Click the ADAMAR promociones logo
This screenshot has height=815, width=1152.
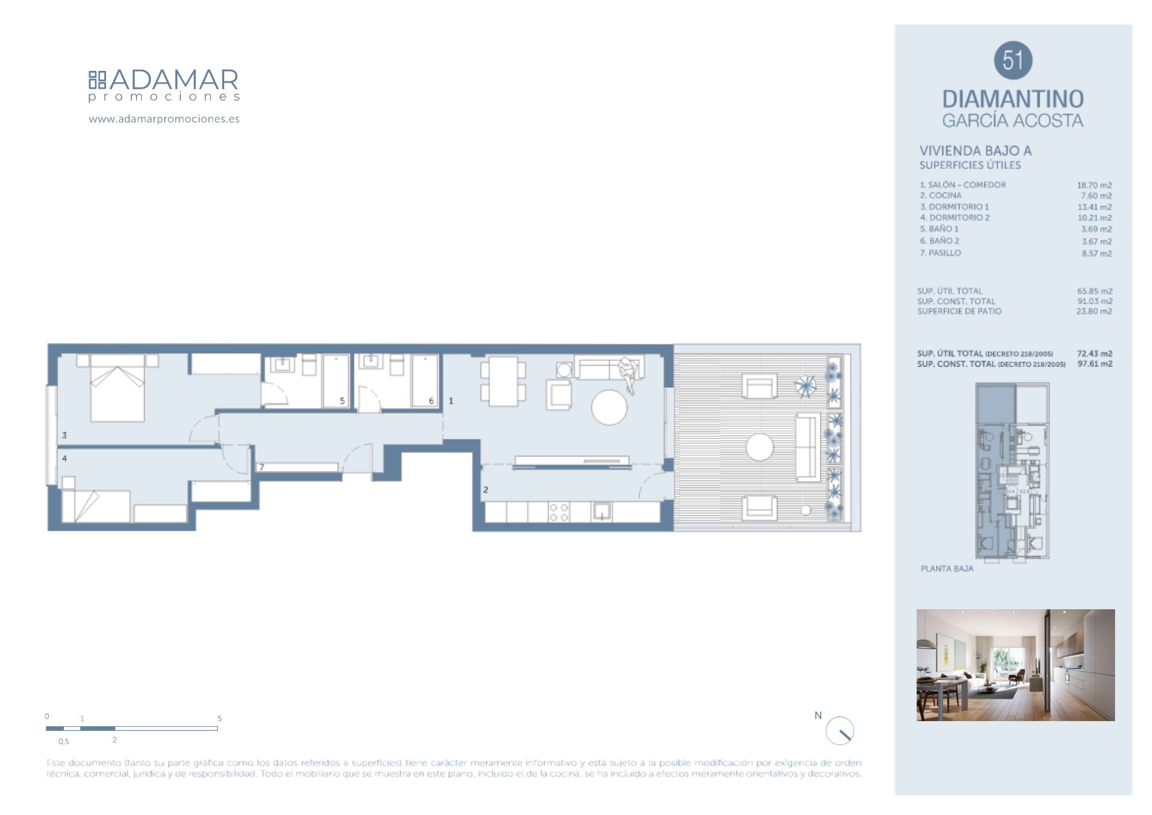(164, 85)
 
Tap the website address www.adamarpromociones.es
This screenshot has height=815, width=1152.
(164, 119)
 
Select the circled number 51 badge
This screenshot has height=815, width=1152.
(1013, 61)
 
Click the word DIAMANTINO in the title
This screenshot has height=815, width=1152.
(1013, 99)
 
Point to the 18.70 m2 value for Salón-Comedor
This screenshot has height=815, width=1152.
(1094, 185)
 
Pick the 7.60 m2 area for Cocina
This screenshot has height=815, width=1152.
(1096, 196)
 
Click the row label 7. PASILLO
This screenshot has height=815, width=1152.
(941, 253)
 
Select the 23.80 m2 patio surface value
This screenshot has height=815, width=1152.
(1094, 311)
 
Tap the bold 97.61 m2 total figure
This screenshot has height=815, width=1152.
(1095, 364)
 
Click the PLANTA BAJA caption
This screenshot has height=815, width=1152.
(947, 569)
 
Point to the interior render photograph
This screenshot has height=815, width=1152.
(1015, 665)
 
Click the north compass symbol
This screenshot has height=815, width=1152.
(840, 731)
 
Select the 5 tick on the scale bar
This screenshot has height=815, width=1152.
(220, 719)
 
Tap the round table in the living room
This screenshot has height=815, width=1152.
(609, 407)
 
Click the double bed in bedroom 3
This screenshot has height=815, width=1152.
(117, 388)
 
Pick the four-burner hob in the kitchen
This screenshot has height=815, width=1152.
(558, 512)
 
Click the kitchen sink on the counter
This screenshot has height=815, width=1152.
(602, 512)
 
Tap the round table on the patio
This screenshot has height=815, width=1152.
(760, 447)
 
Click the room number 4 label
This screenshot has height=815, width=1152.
(65, 459)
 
